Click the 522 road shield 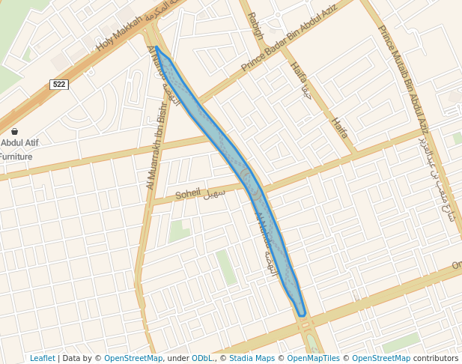pos(60,85)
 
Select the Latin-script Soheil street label pos(188,195)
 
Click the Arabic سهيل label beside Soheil pos(215,192)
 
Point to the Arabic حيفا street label pos(305,93)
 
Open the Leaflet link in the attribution pos(42,359)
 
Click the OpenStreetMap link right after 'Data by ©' pos(133,359)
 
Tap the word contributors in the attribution pos(436,359)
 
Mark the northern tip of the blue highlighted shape pos(156,47)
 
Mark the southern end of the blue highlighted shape pos(301,314)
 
